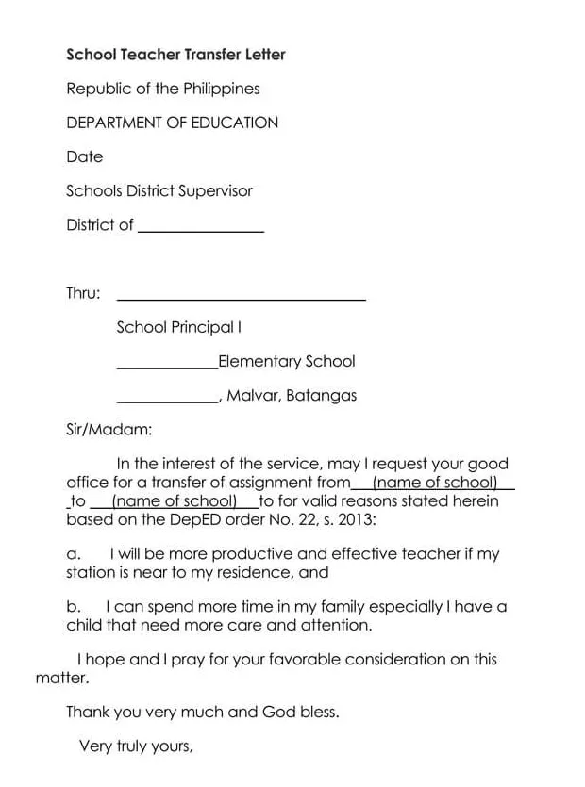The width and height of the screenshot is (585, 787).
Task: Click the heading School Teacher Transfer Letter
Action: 175,55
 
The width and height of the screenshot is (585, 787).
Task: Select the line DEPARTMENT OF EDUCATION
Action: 172,123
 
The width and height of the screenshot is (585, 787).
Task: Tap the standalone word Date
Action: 84,156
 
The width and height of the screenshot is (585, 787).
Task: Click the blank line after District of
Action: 201,229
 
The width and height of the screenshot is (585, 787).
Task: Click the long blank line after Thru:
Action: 241,298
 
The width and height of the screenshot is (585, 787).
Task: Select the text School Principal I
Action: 179,327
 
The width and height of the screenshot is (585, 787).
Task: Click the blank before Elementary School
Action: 166,366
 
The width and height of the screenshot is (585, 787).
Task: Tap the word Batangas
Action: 321,395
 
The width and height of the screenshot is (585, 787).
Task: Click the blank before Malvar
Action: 166,401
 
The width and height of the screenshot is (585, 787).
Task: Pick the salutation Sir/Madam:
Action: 109,430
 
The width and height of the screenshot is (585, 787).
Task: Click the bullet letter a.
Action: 73,554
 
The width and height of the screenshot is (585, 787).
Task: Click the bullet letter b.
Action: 73,607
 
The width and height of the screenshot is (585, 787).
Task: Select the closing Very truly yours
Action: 136,746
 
